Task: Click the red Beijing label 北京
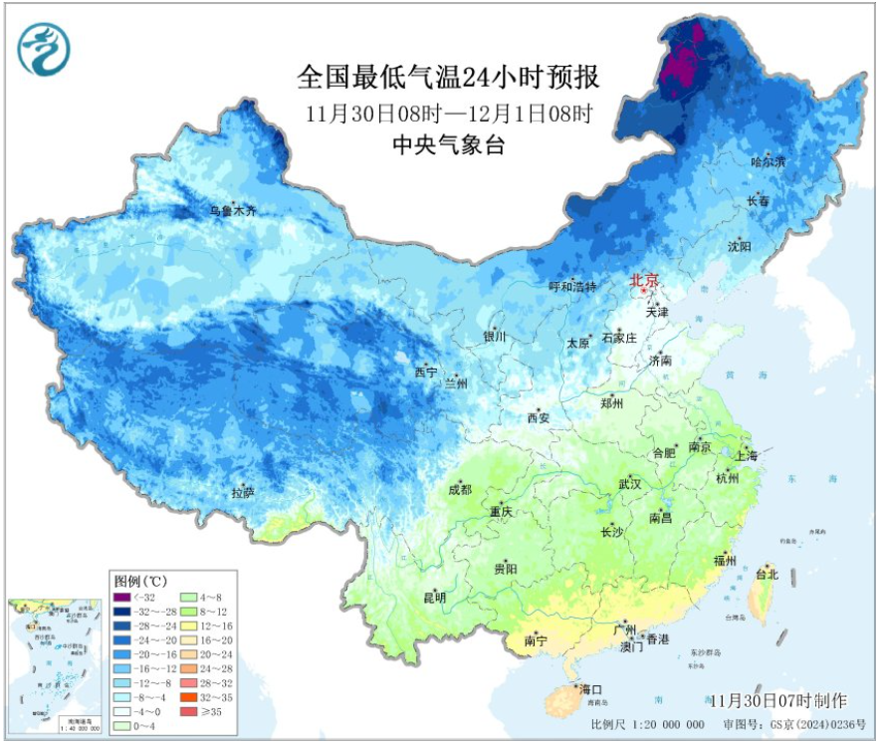[644, 281]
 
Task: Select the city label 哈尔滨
[768, 161]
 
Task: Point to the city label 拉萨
[244, 492]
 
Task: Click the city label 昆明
[435, 598]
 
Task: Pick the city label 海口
[592, 688]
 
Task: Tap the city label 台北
[767, 574]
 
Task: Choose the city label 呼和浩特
[572, 286]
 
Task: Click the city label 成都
[460, 489]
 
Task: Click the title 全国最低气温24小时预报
[449, 78]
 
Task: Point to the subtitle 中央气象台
[449, 145]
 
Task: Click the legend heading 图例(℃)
[138, 581]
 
